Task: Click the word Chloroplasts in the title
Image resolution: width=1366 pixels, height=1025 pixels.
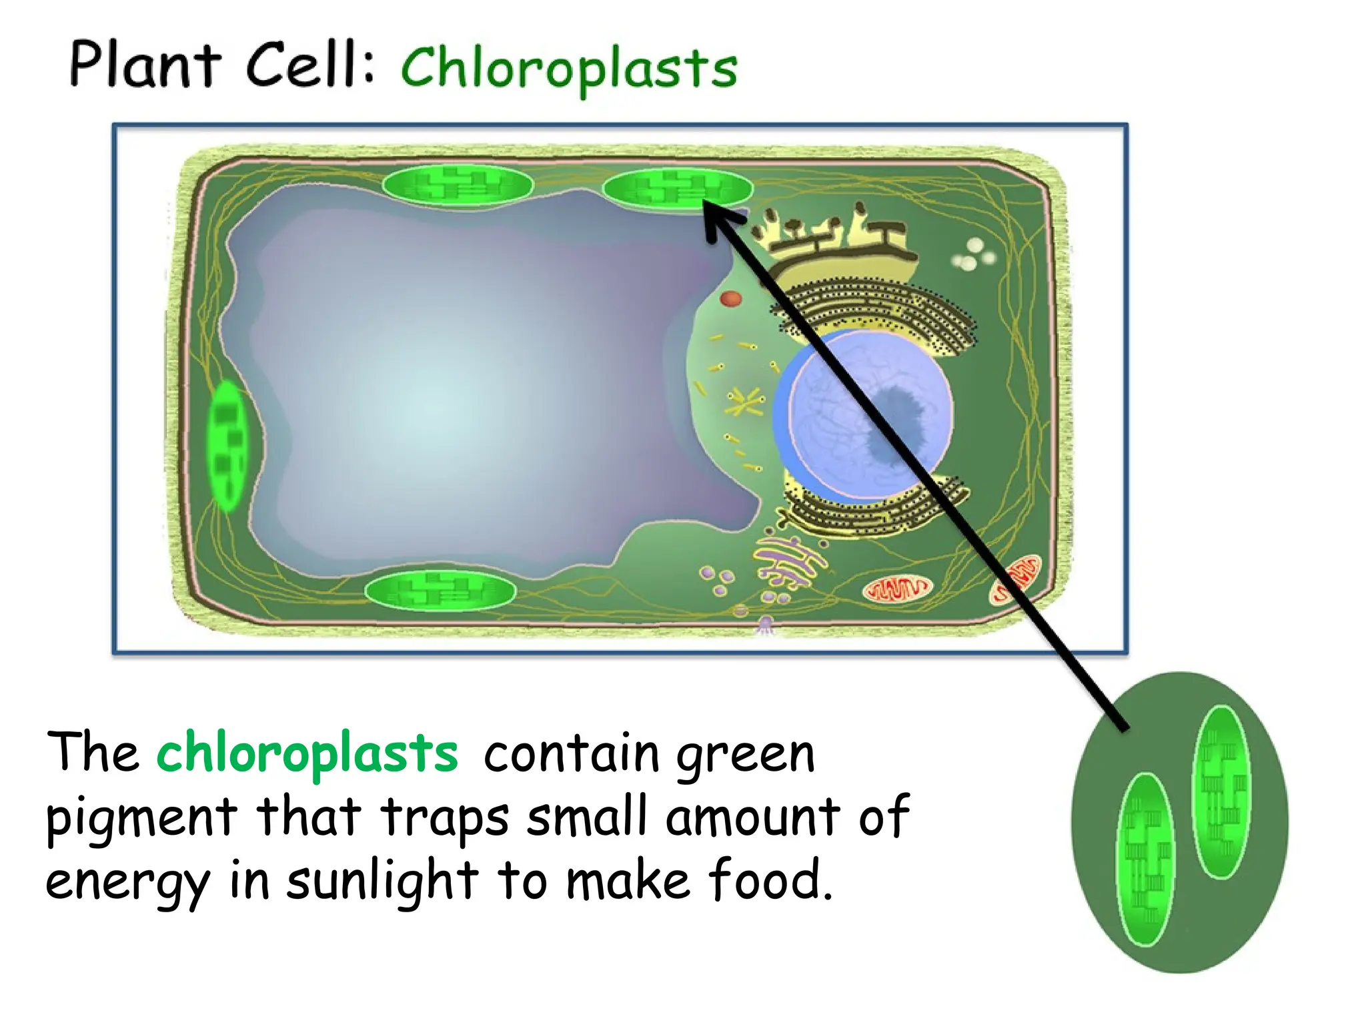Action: tap(569, 69)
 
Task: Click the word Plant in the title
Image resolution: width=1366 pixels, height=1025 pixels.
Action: tap(145, 64)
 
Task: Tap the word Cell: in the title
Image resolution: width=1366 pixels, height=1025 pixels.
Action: tap(310, 64)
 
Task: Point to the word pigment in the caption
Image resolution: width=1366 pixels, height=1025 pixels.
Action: tap(141, 818)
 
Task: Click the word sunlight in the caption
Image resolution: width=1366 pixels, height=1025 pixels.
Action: tap(382, 880)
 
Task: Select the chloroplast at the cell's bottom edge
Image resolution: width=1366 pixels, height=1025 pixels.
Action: tap(440, 591)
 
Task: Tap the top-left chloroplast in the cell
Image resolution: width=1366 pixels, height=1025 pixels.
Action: tap(458, 185)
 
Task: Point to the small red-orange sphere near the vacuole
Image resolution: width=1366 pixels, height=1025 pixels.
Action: tap(731, 298)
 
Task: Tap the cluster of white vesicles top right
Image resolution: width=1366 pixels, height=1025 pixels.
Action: tap(973, 254)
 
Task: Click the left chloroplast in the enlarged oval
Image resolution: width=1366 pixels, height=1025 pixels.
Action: tap(1145, 860)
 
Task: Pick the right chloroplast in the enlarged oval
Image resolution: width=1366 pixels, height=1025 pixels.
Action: tap(1221, 791)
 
